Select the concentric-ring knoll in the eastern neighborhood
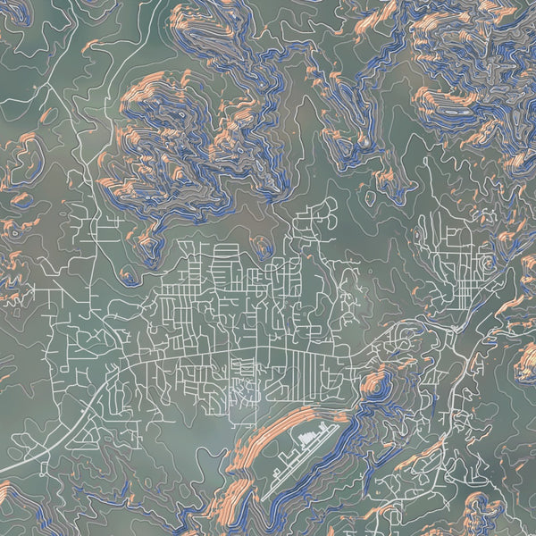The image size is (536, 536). (x=487, y=264)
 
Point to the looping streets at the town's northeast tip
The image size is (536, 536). (x=322, y=214)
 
